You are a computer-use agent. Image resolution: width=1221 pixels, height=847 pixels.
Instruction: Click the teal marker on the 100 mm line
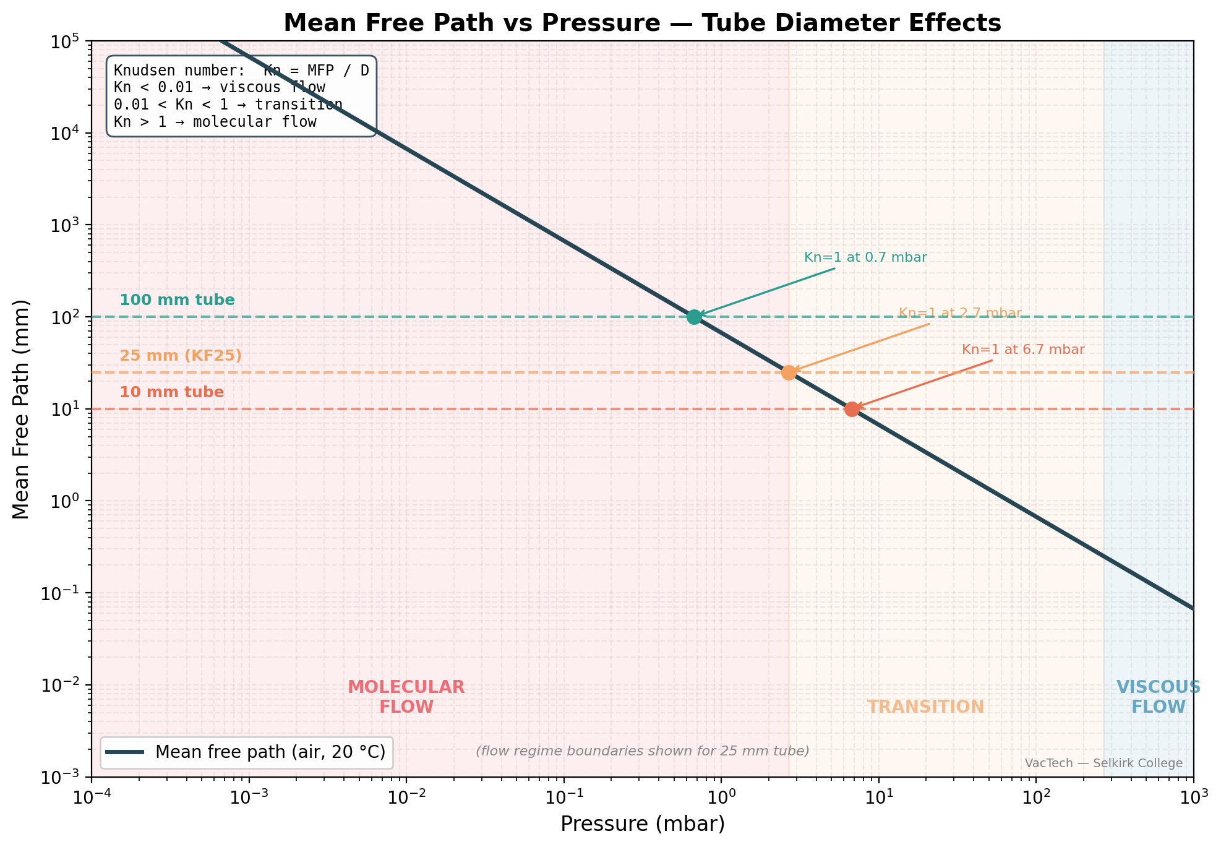[694, 317]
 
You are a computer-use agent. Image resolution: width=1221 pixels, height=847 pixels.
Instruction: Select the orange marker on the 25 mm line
[789, 372]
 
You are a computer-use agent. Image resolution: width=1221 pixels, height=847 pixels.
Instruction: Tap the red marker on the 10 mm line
[852, 409]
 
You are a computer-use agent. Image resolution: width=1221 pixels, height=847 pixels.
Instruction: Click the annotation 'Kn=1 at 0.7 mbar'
[865, 257]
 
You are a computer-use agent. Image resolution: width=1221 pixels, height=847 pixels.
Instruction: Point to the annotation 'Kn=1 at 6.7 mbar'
[1023, 350]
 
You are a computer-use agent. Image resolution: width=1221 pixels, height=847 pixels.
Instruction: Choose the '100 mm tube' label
[177, 300]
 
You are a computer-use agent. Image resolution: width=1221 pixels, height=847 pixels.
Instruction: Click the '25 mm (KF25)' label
[181, 356]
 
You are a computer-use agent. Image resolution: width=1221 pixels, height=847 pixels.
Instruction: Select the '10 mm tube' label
[172, 392]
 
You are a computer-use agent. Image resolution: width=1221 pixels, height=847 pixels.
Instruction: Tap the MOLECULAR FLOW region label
[406, 697]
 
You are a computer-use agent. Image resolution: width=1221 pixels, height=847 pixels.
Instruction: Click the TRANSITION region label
[925, 707]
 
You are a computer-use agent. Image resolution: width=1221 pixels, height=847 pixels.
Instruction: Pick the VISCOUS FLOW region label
[1158, 697]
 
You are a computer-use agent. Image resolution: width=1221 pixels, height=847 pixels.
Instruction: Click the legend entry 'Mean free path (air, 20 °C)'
[270, 752]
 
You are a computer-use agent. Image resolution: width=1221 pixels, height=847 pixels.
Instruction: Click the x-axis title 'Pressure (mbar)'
[643, 824]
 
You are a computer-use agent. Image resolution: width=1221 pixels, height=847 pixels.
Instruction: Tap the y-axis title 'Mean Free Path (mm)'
[21, 409]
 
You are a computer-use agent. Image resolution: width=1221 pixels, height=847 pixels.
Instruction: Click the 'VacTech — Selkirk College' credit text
[1103, 763]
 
